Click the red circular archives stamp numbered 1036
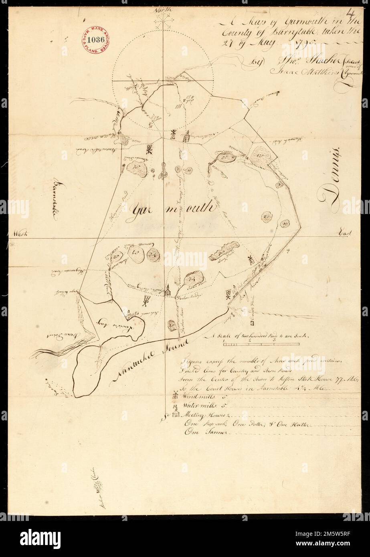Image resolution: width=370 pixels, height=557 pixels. [96, 40]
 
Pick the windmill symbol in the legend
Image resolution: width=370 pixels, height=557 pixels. [174, 395]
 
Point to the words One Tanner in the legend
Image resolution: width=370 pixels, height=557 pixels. [206, 432]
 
